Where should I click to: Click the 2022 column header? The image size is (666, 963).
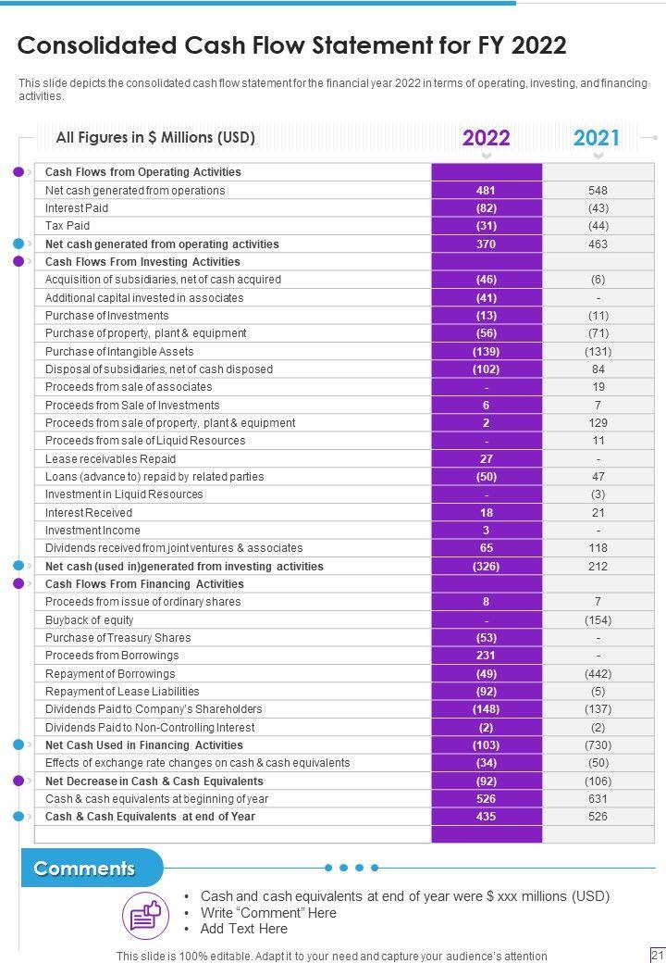click(x=486, y=139)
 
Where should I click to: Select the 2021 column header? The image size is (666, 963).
click(x=597, y=139)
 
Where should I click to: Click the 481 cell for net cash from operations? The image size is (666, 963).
click(x=486, y=191)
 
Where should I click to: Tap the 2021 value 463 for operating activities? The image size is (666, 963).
click(x=598, y=244)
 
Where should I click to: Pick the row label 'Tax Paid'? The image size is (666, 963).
click(x=68, y=226)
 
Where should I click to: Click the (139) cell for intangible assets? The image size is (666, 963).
click(x=486, y=352)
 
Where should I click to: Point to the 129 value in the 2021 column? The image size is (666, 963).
click(x=598, y=423)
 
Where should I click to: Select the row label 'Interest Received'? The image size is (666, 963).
click(x=89, y=513)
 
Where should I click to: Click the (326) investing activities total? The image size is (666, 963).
click(x=486, y=567)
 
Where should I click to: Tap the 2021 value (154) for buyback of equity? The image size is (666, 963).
click(x=598, y=620)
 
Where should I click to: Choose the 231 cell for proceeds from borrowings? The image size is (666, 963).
click(x=486, y=656)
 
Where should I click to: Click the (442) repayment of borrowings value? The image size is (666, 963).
click(x=598, y=674)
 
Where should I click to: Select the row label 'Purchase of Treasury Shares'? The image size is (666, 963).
click(x=118, y=638)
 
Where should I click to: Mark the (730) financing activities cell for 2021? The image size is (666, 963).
click(x=598, y=745)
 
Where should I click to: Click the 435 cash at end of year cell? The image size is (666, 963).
click(x=486, y=817)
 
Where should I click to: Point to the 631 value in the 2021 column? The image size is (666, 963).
click(x=598, y=799)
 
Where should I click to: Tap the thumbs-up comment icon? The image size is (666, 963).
click(x=145, y=916)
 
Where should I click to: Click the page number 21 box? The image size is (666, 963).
click(x=658, y=955)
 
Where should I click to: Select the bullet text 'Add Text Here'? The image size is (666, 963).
click(x=244, y=929)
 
